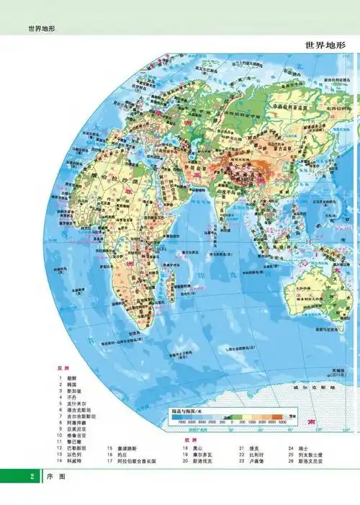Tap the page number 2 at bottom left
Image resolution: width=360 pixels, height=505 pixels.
(32, 477)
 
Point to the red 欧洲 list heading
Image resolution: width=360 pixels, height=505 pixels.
(189, 439)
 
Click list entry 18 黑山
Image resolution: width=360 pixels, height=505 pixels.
(196, 447)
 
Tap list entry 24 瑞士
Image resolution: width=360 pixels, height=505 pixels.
(302, 447)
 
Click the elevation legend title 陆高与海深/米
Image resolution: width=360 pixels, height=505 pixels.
(189, 411)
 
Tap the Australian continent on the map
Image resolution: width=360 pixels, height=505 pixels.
(317, 288)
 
